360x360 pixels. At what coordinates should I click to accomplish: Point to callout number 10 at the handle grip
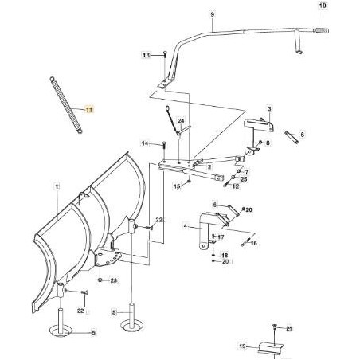(323, 6)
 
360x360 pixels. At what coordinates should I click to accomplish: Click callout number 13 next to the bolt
(147, 55)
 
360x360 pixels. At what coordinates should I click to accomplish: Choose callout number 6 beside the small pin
(302, 135)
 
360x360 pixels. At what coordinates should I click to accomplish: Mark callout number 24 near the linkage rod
(181, 120)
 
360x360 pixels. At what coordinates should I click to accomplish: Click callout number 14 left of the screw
(147, 143)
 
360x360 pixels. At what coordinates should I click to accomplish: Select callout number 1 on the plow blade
(57, 186)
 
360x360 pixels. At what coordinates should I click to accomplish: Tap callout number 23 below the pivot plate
(114, 280)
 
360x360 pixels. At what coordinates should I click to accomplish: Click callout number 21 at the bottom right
(292, 328)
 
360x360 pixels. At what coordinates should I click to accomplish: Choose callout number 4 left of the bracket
(186, 226)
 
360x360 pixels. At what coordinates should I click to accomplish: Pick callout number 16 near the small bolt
(254, 243)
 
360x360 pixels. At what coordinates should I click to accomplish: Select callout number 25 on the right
(244, 180)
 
